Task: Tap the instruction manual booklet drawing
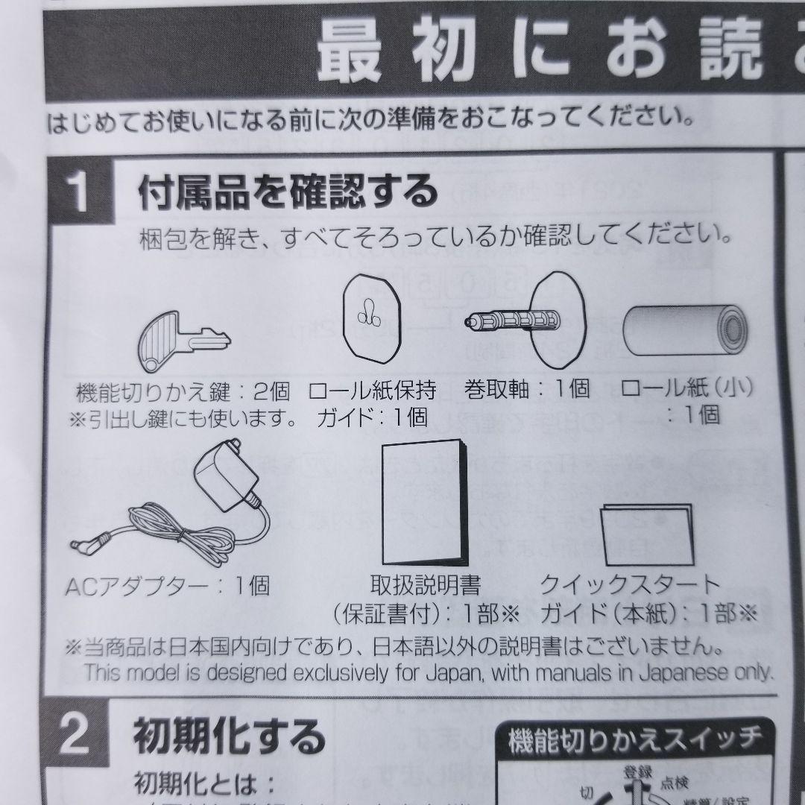pos(422,506)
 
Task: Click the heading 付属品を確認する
pos(288,192)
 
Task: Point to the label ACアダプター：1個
pos(168,586)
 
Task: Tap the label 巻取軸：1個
pos(526,388)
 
